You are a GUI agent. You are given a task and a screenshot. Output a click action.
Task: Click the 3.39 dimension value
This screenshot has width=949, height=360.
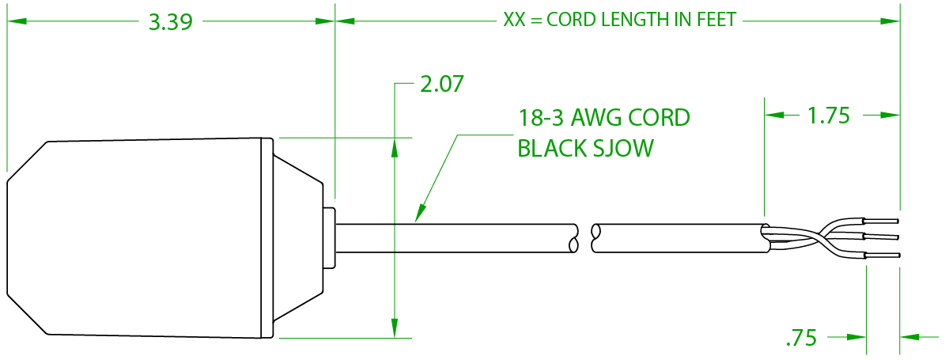pos(171,21)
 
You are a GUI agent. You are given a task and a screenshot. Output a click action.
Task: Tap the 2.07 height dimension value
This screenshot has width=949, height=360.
pos(441,84)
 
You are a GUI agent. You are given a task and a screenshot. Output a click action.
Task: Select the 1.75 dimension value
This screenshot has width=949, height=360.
pos(828,116)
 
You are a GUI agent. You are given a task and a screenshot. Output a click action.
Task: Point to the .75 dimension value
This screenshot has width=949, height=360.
pos(800,339)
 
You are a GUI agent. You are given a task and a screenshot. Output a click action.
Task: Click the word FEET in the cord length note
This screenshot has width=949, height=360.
pos(715,20)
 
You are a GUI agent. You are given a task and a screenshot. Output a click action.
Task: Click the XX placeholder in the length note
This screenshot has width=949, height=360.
pos(513,20)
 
